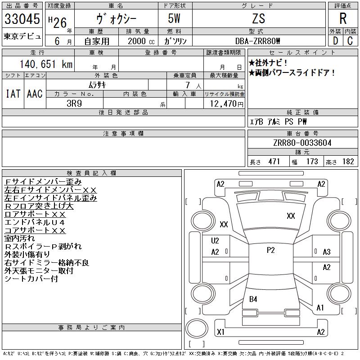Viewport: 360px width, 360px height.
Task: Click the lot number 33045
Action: (x=22, y=18)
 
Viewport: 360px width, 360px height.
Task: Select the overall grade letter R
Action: (x=343, y=18)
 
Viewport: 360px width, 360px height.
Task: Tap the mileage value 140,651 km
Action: (x=46, y=64)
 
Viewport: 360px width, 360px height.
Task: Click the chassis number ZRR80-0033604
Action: (x=302, y=143)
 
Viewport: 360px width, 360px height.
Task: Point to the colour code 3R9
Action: (x=74, y=103)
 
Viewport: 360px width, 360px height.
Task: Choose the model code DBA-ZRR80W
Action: (x=257, y=41)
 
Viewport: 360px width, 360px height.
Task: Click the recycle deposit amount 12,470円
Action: (x=226, y=104)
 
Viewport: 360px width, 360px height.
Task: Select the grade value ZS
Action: (x=258, y=18)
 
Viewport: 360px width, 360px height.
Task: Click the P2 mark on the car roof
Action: (x=271, y=250)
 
